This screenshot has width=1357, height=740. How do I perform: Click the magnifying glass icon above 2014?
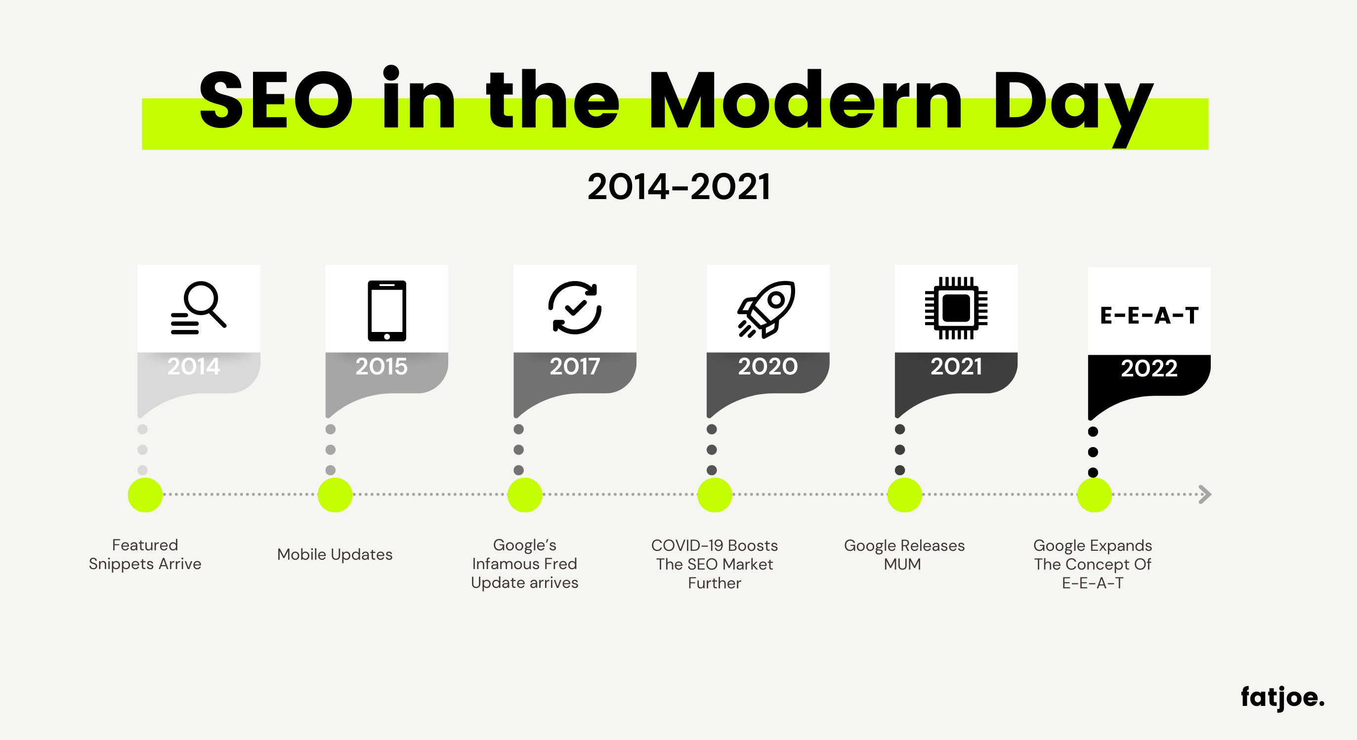tap(199, 308)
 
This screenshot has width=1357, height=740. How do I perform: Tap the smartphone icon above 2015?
tap(386, 311)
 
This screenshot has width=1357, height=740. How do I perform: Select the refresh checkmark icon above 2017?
tap(575, 308)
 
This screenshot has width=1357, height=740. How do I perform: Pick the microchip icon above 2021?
tap(956, 308)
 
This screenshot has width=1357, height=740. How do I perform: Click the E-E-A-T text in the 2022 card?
tap(1149, 316)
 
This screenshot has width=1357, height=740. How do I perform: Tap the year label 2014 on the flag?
tap(193, 366)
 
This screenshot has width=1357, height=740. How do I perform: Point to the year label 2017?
tap(575, 366)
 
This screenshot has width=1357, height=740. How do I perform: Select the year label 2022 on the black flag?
tap(1149, 368)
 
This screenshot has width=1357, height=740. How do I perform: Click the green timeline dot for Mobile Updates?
tap(335, 494)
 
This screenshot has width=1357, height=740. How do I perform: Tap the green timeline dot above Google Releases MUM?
tap(904, 494)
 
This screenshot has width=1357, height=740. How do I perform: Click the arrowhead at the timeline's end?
tap(1206, 494)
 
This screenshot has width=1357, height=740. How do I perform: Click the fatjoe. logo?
tap(1282, 698)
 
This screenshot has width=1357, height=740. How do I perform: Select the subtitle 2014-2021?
tap(678, 187)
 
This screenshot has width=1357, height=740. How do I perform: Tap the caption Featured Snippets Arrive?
tap(145, 555)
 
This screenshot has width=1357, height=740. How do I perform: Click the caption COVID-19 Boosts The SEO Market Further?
tap(714, 564)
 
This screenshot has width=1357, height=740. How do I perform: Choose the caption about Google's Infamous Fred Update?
tap(525, 564)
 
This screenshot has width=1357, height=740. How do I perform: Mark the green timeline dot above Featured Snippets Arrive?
tap(145, 494)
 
